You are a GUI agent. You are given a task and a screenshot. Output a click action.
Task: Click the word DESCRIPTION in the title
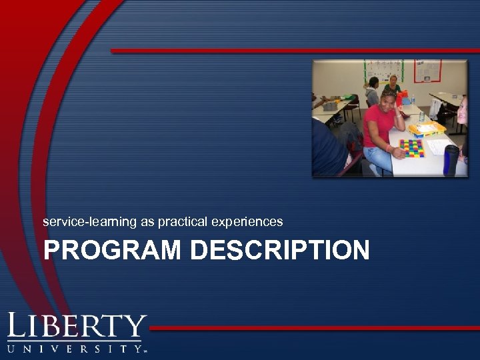point(279,251)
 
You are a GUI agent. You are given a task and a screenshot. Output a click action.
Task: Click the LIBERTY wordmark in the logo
point(76,328)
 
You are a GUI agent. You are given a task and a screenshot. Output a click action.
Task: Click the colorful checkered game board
point(411,148)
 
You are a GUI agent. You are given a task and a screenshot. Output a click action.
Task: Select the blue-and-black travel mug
point(451,160)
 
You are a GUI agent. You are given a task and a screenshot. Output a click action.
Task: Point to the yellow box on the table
point(427,128)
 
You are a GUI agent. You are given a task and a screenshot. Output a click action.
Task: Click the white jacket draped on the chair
point(437,109)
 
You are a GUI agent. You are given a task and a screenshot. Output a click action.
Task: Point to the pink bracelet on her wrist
point(389,148)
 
